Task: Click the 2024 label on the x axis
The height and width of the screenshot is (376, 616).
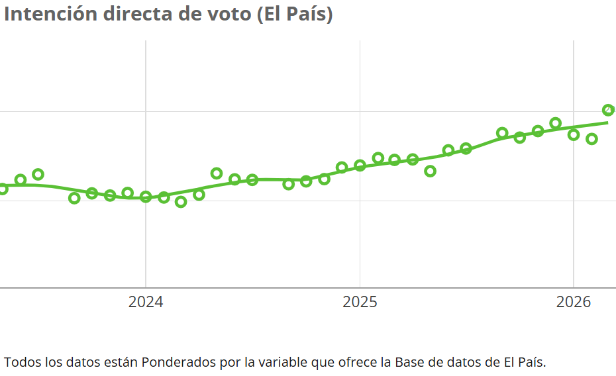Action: tap(146, 303)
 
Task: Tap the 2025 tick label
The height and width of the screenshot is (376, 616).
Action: tap(360, 303)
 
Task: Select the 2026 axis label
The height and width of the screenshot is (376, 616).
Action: tap(574, 303)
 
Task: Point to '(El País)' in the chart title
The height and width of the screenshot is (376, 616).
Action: tap(294, 14)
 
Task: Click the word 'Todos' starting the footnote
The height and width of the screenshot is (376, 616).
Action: tap(21, 362)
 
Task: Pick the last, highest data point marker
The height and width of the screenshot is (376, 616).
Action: tap(608, 110)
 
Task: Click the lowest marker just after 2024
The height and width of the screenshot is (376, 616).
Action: tap(181, 202)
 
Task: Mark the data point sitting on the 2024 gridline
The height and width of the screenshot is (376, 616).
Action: tap(146, 197)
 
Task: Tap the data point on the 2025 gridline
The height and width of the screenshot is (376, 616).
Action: tap(360, 165)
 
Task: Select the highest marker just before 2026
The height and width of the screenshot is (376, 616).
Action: tap(556, 123)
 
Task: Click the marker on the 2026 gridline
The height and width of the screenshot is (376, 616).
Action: tap(574, 135)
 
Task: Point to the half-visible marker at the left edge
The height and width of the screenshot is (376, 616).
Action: tap(3, 189)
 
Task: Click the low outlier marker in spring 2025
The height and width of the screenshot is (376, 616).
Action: tap(430, 171)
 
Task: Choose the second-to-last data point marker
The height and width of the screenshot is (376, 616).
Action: tap(592, 139)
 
